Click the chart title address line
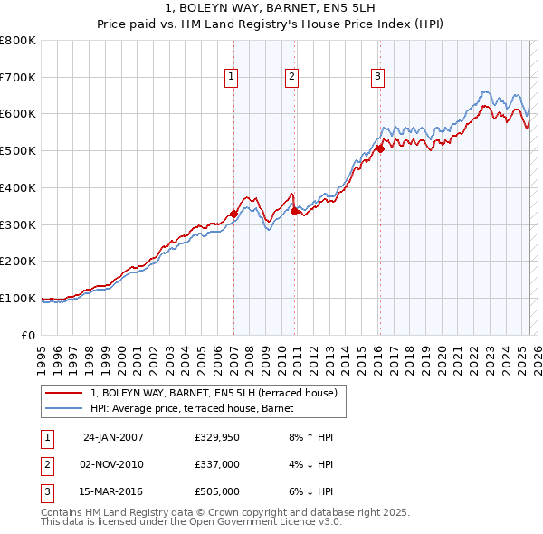coord(271,8)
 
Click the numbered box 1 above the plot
coord(232,78)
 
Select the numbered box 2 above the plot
coord(292,78)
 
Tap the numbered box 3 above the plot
coord(376,78)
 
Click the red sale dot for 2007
coord(234,214)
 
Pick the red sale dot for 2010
coord(295,211)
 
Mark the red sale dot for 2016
coord(381,149)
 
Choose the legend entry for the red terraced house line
coord(214,393)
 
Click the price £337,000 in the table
coord(217,464)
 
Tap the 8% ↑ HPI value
coord(311,437)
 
